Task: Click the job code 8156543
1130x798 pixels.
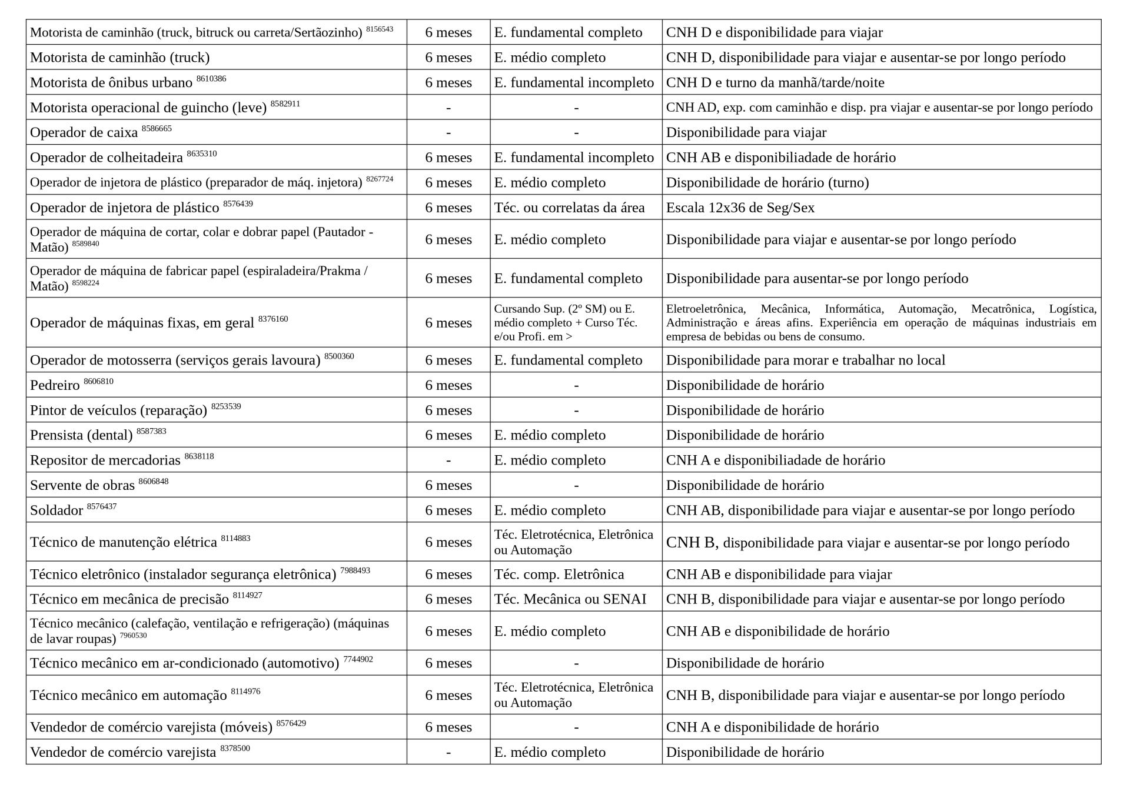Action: click(379, 29)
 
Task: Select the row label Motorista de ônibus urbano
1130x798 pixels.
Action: click(111, 83)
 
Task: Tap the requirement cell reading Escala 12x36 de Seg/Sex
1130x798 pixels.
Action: click(740, 208)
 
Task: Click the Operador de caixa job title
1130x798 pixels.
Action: click(84, 133)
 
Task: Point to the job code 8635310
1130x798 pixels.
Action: click(201, 154)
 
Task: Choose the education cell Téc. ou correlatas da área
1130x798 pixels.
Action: click(569, 208)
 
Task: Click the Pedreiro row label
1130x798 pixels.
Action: click(55, 386)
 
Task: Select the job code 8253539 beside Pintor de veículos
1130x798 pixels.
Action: click(226, 406)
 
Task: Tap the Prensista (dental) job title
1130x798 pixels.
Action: click(81, 436)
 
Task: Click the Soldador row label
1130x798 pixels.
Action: click(56, 510)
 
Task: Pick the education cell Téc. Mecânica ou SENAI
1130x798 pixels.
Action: click(570, 599)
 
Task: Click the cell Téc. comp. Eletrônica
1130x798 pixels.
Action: click(559, 575)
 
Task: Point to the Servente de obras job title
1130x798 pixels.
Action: click(82, 486)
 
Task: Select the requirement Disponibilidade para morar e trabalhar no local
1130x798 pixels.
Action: click(805, 360)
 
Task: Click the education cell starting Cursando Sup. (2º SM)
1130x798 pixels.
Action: click(565, 322)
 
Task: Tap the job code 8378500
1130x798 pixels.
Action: click(235, 749)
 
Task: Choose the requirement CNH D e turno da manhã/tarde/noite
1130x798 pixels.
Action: click(775, 83)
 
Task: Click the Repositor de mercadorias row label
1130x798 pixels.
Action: click(105, 460)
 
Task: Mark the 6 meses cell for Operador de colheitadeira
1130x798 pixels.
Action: click(448, 158)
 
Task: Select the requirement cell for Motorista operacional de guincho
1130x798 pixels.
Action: click(879, 108)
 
